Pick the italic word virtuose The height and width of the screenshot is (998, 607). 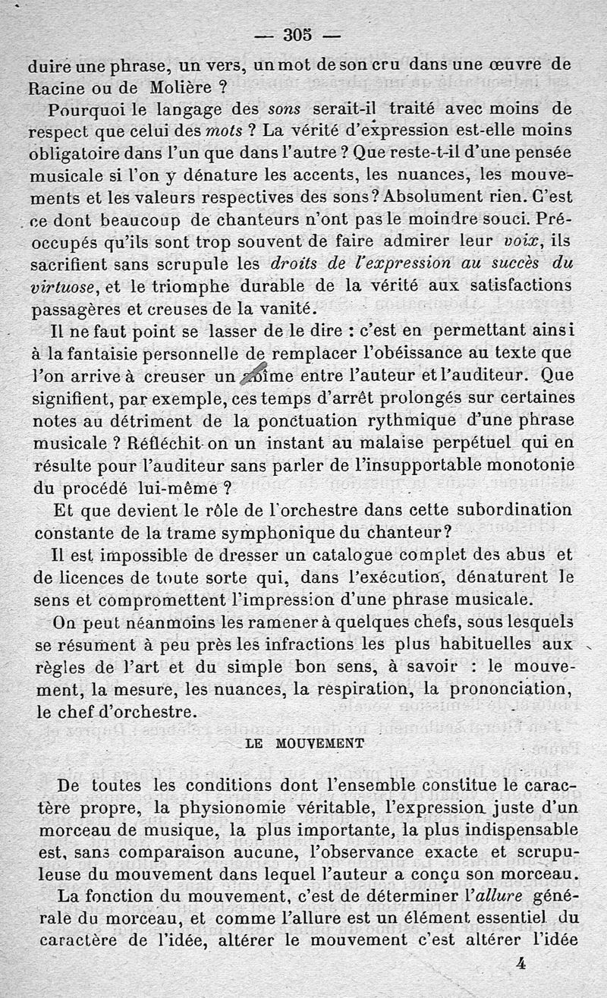coord(63,288)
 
